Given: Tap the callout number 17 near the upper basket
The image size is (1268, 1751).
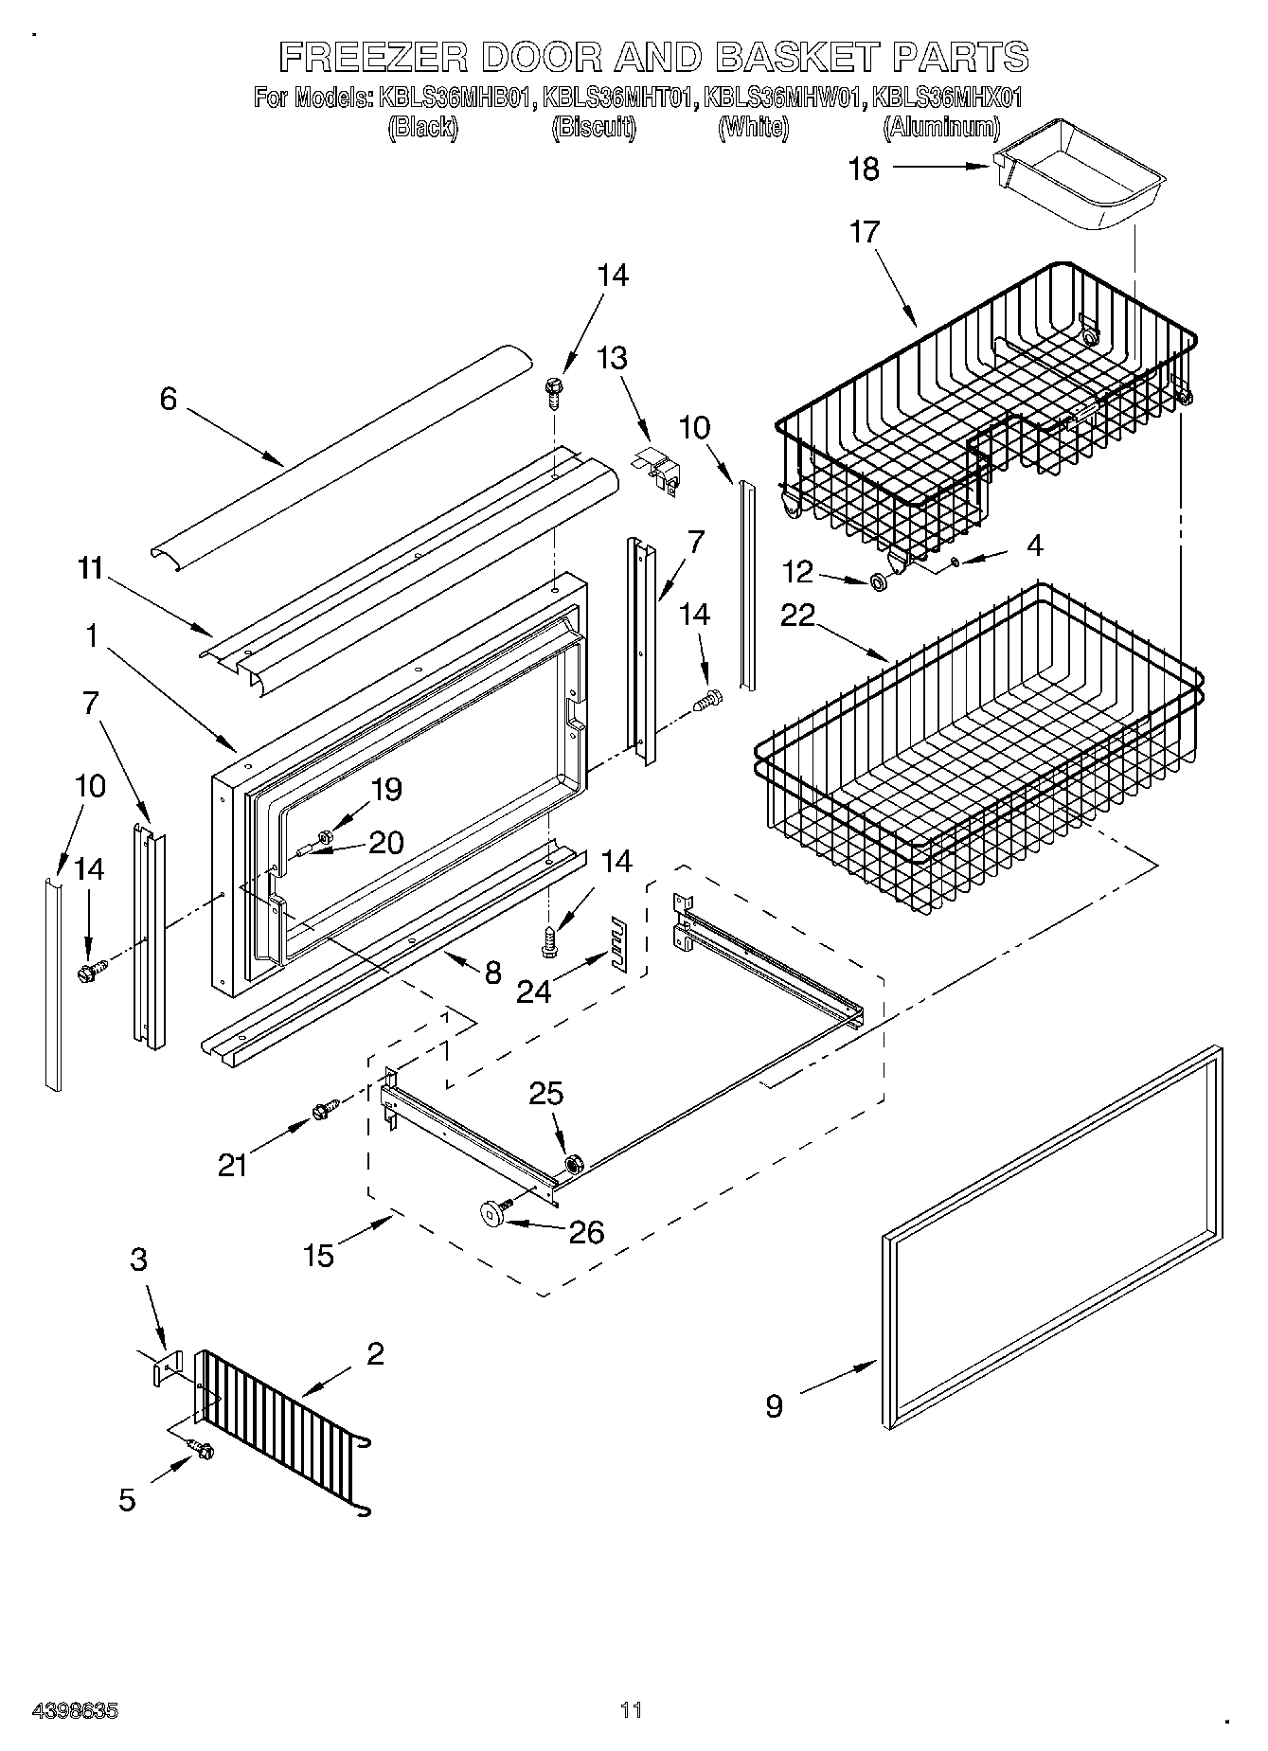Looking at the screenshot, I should (864, 231).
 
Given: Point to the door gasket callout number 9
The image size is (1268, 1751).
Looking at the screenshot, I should (774, 1406).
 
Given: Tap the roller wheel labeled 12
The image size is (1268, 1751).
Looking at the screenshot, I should (878, 580).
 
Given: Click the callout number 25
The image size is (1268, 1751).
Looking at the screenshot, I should (546, 1094).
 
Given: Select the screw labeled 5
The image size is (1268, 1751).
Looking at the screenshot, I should (204, 1450).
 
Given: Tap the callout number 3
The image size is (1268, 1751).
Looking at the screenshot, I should (139, 1260).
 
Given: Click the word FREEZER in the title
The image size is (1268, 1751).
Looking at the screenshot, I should (373, 58).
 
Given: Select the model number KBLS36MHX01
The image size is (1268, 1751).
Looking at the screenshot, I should (946, 98).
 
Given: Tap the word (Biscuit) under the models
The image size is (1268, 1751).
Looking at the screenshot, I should (593, 128).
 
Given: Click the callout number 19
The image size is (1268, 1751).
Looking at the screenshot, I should (387, 789).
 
